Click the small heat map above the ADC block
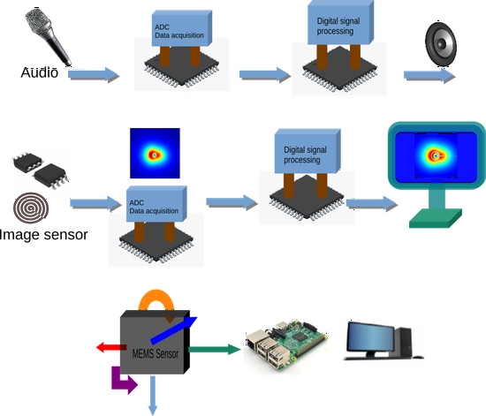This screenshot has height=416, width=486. point(155,154)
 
